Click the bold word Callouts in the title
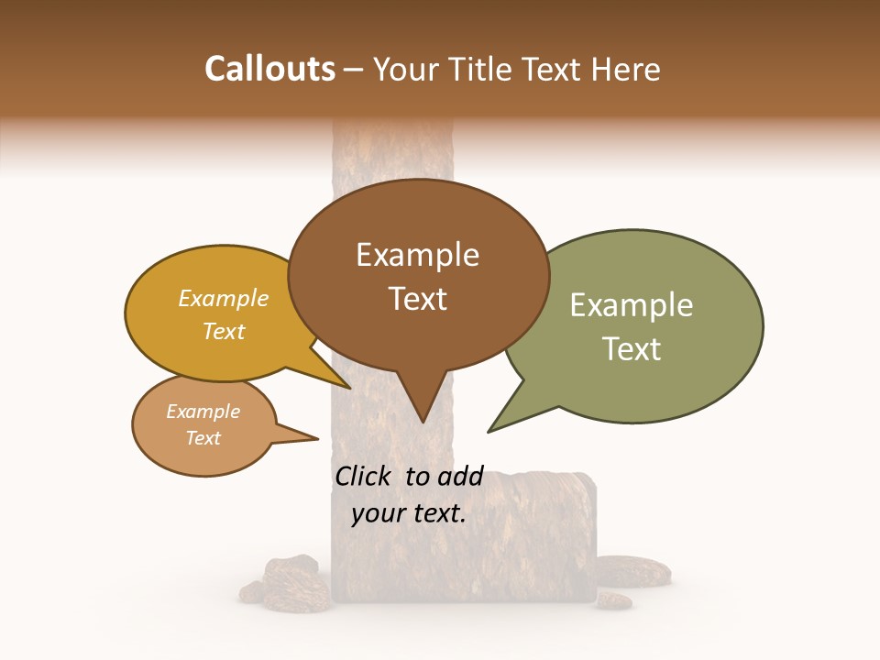(269, 69)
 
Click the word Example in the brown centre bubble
(417, 255)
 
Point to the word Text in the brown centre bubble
(417, 299)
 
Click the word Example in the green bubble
(632, 305)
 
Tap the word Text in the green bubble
(632, 349)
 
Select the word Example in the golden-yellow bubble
(224, 298)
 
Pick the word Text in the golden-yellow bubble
(224, 331)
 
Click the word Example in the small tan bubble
(203, 412)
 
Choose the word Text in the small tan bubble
(203, 438)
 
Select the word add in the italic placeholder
(460, 476)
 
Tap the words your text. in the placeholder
(409, 513)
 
